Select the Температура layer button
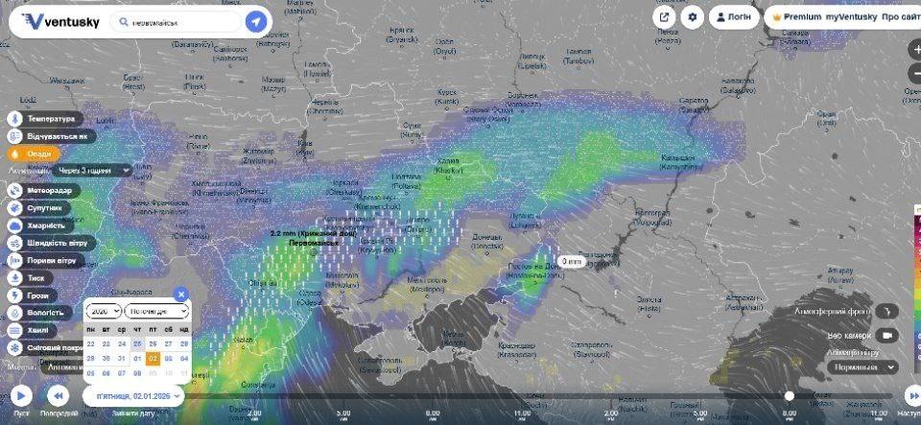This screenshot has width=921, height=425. click(x=50, y=119)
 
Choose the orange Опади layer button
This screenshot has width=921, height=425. click(x=35, y=153)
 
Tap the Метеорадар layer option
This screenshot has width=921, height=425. click(x=49, y=190)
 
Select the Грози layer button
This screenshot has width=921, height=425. click(x=35, y=295)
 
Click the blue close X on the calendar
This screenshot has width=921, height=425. click(x=181, y=295)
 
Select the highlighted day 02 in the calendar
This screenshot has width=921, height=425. click(x=153, y=359)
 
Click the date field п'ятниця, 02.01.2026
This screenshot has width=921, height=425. click(x=133, y=395)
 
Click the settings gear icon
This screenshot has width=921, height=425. click(x=693, y=18)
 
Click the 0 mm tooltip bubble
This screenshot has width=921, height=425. click(x=571, y=261)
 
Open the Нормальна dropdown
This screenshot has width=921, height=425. click(x=863, y=366)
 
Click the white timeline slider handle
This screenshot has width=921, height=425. click(x=789, y=395)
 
